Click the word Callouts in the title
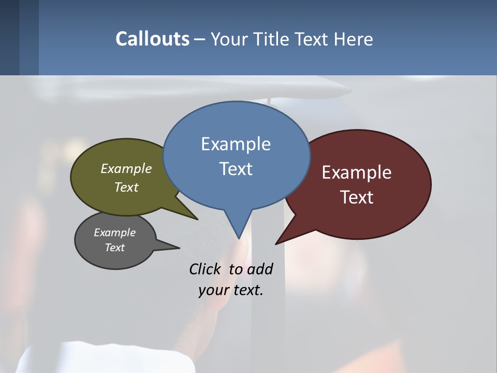[x=152, y=39]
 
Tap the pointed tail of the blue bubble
[x=238, y=231]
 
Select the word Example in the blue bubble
[x=236, y=144]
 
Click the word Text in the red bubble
[x=357, y=197]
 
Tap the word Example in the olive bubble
[x=126, y=168]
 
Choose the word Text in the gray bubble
[x=115, y=248]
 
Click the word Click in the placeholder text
[x=205, y=269]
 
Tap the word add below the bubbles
[x=260, y=269]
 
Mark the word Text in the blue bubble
[x=236, y=169]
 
